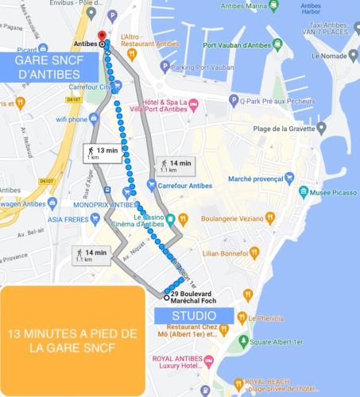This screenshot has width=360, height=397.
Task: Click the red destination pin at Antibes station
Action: coord(102,37)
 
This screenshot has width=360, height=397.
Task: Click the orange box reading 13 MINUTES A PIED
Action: coord(72,341)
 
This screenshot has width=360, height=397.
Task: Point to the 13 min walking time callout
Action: coord(102,152)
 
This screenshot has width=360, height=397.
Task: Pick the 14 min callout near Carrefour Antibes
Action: coord(176,166)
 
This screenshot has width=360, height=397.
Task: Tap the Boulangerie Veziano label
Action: coord(231,218)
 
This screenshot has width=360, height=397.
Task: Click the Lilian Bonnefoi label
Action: coord(226,253)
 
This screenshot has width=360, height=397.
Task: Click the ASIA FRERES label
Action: coord(68,219)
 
